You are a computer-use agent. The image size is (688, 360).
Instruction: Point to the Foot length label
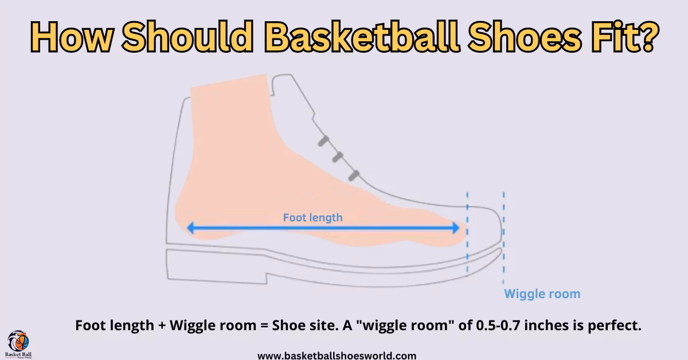click(312, 217)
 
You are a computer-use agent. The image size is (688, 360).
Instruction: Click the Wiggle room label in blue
click(542, 294)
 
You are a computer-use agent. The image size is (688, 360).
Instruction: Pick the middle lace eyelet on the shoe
click(338, 156)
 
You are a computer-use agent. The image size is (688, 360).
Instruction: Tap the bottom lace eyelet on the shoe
click(354, 174)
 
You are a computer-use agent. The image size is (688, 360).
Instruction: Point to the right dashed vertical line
click(503, 235)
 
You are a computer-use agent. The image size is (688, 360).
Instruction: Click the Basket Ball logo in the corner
click(19, 345)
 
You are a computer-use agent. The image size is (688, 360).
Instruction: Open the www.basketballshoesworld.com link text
click(337, 355)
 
